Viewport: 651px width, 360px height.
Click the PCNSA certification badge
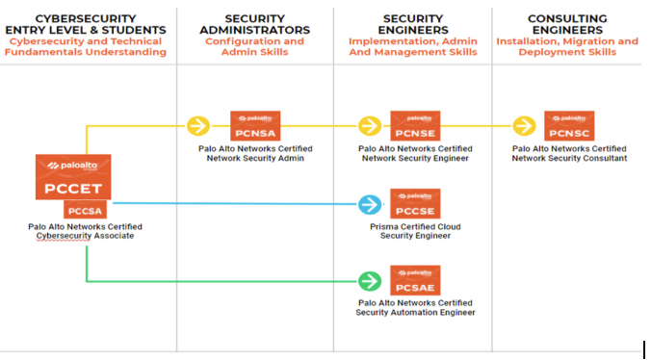255,126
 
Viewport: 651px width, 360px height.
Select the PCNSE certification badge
415,126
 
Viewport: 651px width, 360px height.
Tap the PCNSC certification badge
568,126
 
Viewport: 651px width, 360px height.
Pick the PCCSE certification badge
415,204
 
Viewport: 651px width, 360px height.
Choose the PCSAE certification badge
415,281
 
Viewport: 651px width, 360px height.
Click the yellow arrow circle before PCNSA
197,126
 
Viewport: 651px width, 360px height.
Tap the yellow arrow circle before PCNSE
370,126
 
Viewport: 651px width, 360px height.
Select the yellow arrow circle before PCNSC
524,126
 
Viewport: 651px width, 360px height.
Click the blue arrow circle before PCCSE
370,204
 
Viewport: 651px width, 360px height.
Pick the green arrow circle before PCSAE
370,281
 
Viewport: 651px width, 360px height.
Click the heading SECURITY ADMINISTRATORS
254,24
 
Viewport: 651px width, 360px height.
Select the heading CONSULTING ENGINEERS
567,24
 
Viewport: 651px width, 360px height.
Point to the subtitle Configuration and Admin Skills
254,47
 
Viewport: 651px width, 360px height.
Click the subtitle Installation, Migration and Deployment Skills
567,47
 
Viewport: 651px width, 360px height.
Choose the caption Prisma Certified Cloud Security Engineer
415,232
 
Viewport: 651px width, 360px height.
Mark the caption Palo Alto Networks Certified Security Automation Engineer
415,308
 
